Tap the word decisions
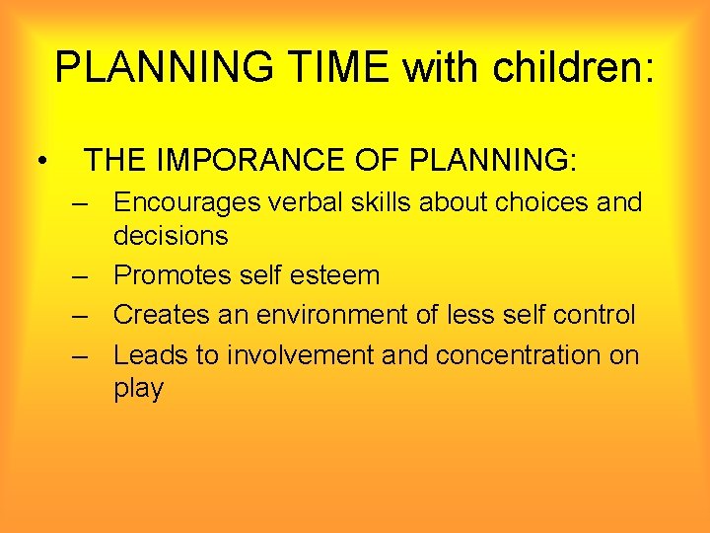(171, 236)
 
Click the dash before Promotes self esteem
(80, 275)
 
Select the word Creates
(159, 315)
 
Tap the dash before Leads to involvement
(80, 354)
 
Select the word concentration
(517, 354)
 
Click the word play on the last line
(139, 389)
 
